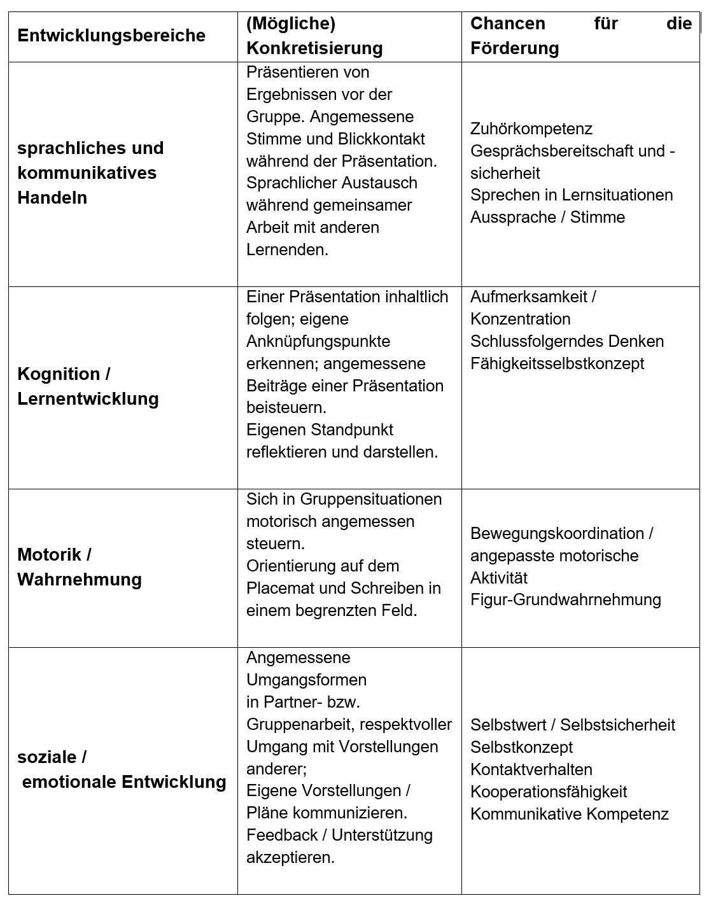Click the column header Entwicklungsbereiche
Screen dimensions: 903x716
click(x=111, y=36)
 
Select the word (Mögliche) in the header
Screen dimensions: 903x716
click(x=291, y=24)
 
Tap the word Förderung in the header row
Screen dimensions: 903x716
click(x=514, y=48)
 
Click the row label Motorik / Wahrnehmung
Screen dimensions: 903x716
click(x=80, y=567)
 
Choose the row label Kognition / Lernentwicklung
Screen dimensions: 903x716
click(x=88, y=386)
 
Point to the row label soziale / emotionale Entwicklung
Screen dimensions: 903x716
click(x=122, y=769)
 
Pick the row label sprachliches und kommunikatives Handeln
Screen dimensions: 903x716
click(x=90, y=172)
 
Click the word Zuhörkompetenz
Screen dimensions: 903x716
click(x=531, y=129)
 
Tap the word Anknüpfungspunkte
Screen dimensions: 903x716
click(x=318, y=342)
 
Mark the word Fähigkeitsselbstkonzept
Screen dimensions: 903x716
click(x=557, y=364)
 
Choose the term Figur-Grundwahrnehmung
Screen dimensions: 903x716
click(x=565, y=599)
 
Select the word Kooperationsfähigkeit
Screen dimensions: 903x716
click(x=548, y=792)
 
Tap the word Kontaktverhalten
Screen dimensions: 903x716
click(x=531, y=769)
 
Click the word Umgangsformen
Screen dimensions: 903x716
click(x=306, y=680)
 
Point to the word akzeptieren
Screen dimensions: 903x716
click(x=290, y=857)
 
